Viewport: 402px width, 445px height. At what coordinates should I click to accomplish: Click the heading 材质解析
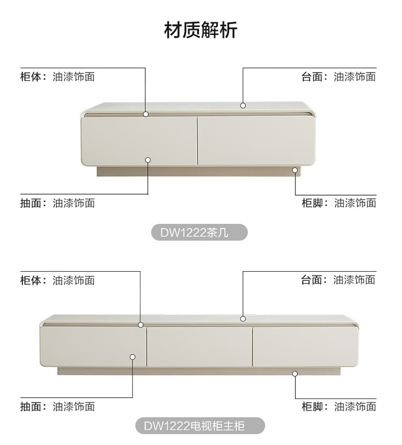tap(200, 30)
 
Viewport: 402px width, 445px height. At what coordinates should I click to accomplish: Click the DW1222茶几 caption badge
tap(198, 233)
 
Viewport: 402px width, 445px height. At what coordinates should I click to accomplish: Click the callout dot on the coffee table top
tap(243, 106)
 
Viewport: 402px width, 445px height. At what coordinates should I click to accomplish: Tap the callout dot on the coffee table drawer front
tap(148, 159)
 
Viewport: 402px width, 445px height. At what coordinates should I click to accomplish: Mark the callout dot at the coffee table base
tap(295, 170)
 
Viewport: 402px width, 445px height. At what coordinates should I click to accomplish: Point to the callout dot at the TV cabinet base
tap(295, 374)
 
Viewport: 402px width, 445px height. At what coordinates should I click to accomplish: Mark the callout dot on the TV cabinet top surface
tap(243, 318)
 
